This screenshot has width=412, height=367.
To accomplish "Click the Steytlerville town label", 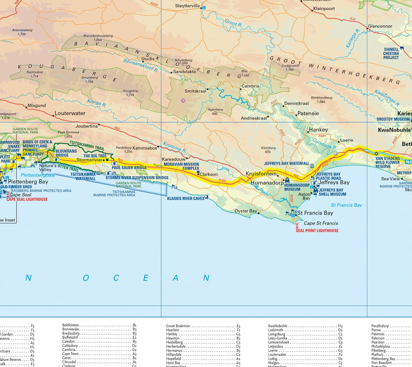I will click(x=187, y=6).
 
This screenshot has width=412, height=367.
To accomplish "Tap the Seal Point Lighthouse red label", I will click(x=317, y=231).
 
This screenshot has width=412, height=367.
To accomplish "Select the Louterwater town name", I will click(x=70, y=113).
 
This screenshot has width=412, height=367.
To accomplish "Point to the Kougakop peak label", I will click(x=130, y=91).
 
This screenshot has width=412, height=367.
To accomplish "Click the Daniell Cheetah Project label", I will click(x=391, y=54).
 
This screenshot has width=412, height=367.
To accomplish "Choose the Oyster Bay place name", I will click(x=246, y=211).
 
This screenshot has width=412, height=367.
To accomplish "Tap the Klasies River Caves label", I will click(x=186, y=198).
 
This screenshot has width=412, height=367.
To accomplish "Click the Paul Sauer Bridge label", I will click(x=129, y=167).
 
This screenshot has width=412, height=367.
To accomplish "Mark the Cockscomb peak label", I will click(x=290, y=66).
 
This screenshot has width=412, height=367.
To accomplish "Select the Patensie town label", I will click(x=308, y=113).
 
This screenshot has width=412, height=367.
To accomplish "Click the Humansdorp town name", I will click(x=267, y=183).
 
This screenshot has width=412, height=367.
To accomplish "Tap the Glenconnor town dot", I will click(x=368, y=28).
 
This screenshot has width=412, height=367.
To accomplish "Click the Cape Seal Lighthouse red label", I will click(x=27, y=199).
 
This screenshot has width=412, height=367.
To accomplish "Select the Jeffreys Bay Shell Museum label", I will click(x=332, y=192).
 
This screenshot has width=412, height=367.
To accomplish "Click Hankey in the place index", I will click(x=172, y=334).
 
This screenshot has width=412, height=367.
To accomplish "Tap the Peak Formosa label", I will click(x=68, y=132).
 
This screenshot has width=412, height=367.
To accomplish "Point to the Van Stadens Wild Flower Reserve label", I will click(x=388, y=162).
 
